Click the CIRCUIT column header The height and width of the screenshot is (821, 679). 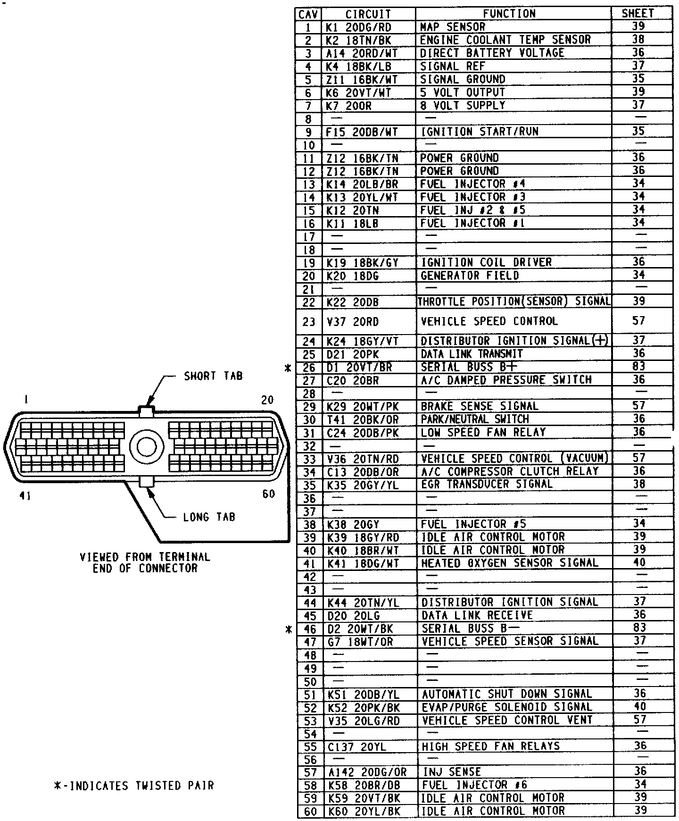click(368, 14)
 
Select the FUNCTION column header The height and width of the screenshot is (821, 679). click(509, 14)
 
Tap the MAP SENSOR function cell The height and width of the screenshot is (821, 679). click(452, 27)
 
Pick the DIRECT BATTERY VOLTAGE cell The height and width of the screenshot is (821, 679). click(492, 53)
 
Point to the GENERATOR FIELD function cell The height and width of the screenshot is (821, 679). click(470, 276)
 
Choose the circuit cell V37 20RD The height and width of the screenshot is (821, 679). click(352, 322)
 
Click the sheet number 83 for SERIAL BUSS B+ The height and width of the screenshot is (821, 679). click(638, 367)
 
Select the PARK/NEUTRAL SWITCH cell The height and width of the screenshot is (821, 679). click(474, 419)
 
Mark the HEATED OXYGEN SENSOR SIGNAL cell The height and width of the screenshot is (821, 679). click(509, 563)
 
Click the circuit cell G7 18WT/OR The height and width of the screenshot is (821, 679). click(359, 642)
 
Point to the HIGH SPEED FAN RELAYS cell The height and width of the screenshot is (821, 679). click(490, 746)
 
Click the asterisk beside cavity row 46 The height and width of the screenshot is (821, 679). click(289, 629)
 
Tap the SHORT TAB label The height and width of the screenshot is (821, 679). click(213, 377)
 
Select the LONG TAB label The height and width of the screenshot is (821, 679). click(209, 518)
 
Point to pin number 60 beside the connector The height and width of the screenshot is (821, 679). click(268, 494)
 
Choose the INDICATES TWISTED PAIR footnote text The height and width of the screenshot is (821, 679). click(134, 786)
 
